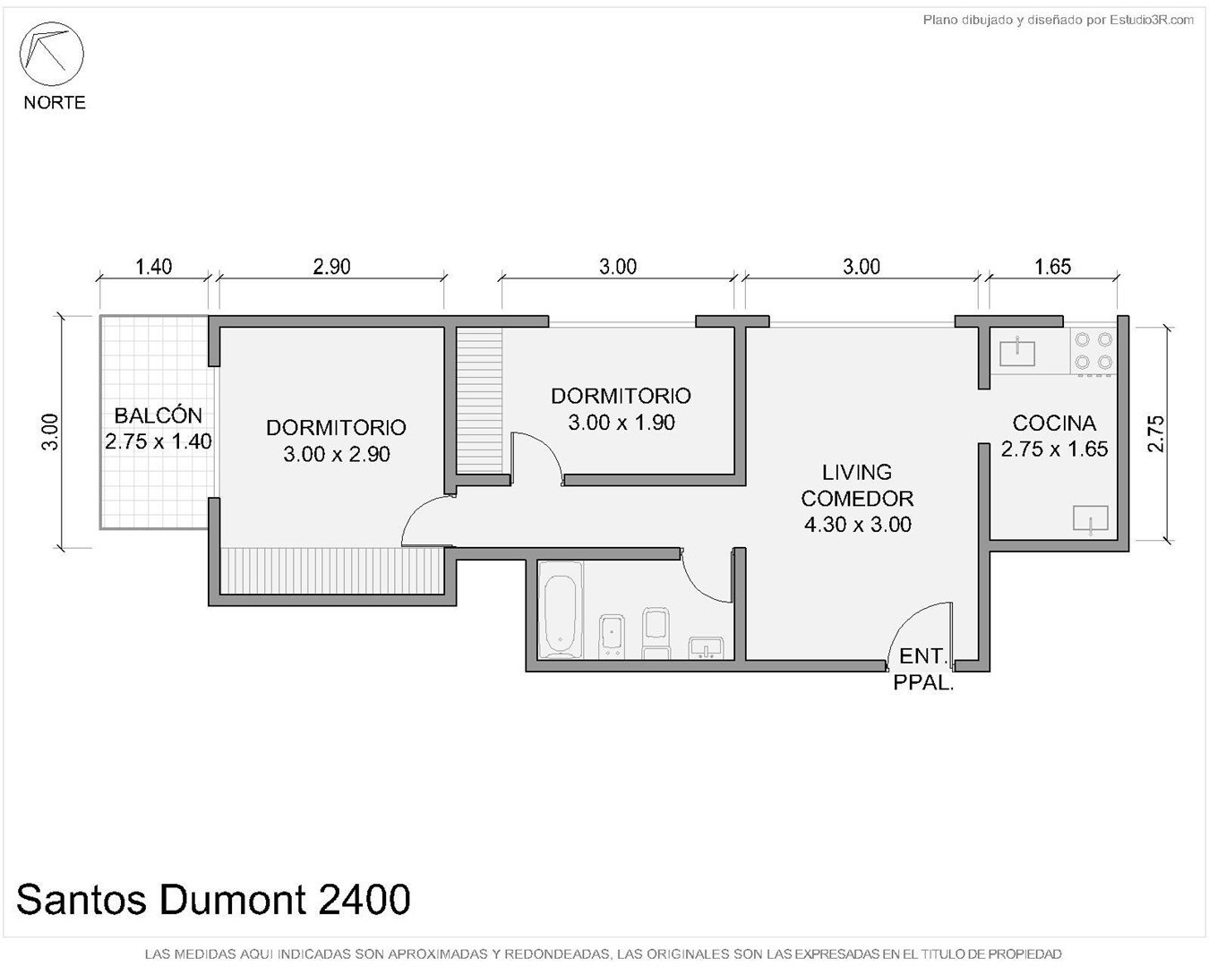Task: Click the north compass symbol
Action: click(x=52, y=55)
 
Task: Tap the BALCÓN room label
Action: click(x=158, y=415)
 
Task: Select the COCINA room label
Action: click(x=1054, y=424)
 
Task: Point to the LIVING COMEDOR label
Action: click(x=857, y=485)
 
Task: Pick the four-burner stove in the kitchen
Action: click(x=1093, y=352)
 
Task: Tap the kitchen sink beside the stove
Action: click(x=1017, y=352)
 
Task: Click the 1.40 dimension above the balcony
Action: click(x=153, y=266)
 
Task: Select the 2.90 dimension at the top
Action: click(x=331, y=266)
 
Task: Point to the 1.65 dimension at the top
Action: click(x=1053, y=266)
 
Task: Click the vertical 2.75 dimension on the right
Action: click(x=1156, y=433)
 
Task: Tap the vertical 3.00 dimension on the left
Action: click(x=50, y=432)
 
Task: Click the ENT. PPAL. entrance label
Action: click(x=923, y=669)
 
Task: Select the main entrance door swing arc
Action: click(x=906, y=620)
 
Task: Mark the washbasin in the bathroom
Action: click(x=706, y=648)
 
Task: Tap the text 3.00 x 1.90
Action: click(x=621, y=423)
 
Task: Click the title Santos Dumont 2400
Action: click(x=213, y=900)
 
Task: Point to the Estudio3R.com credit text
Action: click(x=1058, y=21)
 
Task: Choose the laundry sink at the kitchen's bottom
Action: click(x=1090, y=518)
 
